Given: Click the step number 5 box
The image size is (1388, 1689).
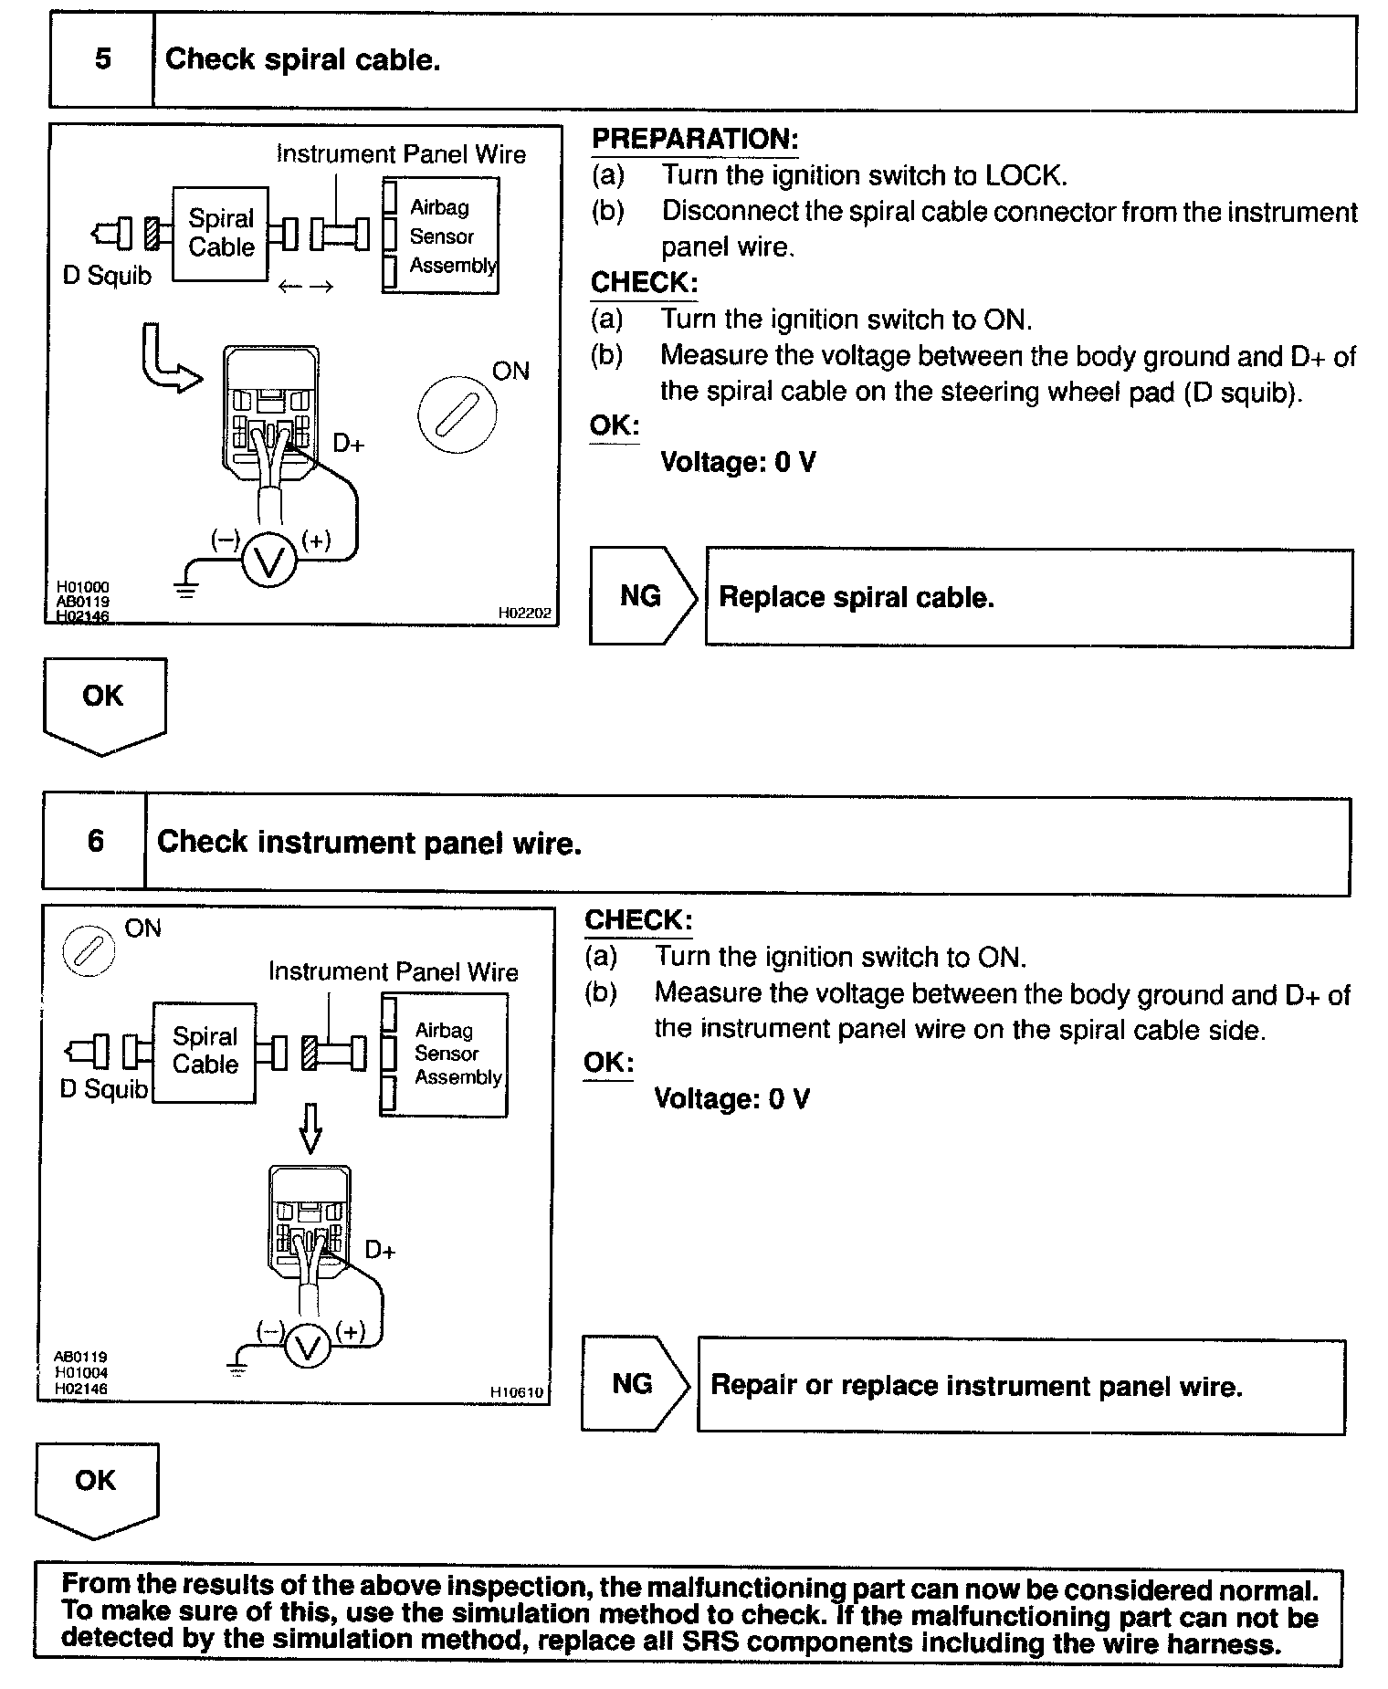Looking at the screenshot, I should (102, 60).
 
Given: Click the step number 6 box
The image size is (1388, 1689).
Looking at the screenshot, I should (95, 841).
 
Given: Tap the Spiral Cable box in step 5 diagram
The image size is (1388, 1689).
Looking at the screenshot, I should (220, 233).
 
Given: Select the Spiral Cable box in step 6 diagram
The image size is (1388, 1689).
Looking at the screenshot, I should (205, 1051).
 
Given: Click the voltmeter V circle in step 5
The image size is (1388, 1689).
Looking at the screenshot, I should (269, 561).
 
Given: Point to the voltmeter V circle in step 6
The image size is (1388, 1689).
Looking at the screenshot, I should (308, 1348).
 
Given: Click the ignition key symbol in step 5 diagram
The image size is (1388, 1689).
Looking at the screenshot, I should (457, 414).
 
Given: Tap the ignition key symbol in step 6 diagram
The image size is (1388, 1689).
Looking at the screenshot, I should (89, 951).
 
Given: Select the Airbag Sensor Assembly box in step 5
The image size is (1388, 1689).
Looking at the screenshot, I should (441, 236).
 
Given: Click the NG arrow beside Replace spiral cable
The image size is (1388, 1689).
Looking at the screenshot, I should (642, 597).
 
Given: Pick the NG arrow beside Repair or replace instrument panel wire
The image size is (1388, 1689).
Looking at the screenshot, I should (634, 1384).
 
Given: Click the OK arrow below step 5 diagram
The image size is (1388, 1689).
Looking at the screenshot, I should (103, 703).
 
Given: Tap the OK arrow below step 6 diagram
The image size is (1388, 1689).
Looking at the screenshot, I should (96, 1488).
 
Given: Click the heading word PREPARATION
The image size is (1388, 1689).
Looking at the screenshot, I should (695, 140).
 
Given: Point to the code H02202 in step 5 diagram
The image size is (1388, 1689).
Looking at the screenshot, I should (524, 614).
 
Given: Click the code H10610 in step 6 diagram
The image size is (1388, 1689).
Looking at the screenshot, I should (516, 1392).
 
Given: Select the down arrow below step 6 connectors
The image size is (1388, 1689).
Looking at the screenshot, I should (310, 1129).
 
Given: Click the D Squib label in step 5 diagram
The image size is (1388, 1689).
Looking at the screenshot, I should (107, 276).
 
